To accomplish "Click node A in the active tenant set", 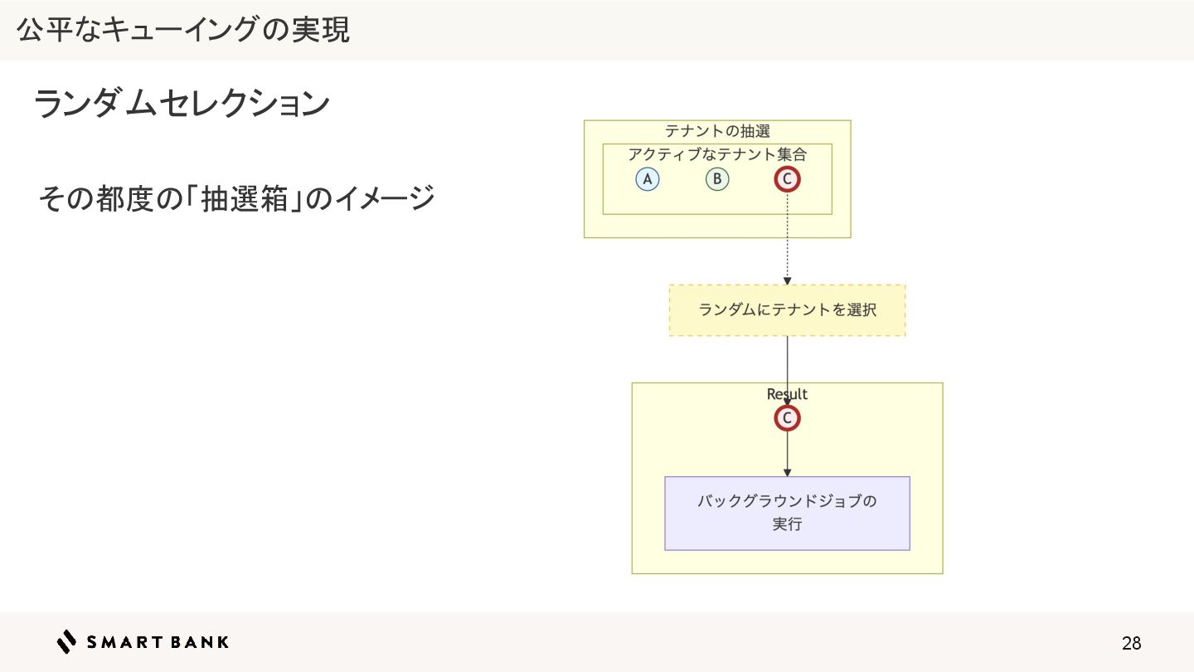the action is (648, 179).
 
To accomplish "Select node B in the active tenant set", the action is (717, 179).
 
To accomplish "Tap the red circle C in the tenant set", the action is (787, 179).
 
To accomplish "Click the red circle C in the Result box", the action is (787, 418).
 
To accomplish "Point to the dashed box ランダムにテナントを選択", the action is (787, 310).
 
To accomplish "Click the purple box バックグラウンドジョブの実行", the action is (787, 513).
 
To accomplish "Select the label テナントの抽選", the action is (717, 131).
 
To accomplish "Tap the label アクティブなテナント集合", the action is (717, 154).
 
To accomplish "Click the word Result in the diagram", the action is (787, 394).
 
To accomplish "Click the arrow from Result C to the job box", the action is (787, 455).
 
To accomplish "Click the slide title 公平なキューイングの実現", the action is (183, 30).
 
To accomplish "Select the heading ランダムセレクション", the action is (182, 105).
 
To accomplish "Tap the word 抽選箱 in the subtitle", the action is (248, 199).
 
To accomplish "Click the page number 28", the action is (1131, 643).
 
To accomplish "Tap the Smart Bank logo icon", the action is (66, 641).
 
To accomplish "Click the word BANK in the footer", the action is (201, 641).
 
